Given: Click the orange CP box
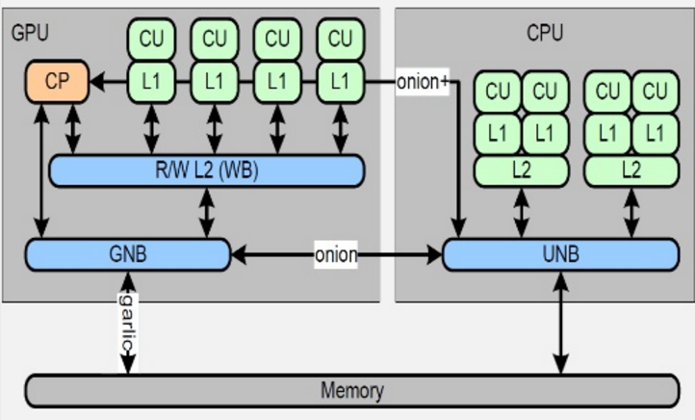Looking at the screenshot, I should click(x=57, y=82).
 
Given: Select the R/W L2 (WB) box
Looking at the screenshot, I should click(x=206, y=171).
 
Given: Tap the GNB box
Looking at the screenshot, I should click(x=128, y=254).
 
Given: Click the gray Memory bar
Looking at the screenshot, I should click(x=351, y=391).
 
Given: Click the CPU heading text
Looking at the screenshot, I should click(x=545, y=33).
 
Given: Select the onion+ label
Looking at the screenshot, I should click(x=423, y=82).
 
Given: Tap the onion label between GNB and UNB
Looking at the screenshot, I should click(x=336, y=255).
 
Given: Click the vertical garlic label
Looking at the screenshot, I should click(x=127, y=326).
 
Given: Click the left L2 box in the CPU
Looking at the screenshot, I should click(x=521, y=170).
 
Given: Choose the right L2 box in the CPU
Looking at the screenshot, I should click(x=631, y=170).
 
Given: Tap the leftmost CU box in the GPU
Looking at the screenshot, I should click(x=152, y=39).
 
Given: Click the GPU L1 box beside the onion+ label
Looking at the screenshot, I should click(x=340, y=82).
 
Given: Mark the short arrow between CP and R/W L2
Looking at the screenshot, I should click(x=72, y=126).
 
